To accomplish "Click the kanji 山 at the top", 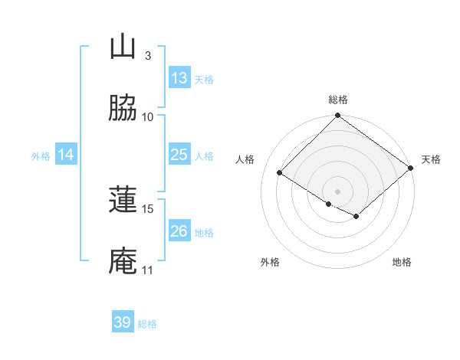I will pyautogui.click(x=123, y=47).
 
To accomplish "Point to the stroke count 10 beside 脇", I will pyautogui.click(x=148, y=117).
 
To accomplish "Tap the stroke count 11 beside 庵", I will pyautogui.click(x=148, y=270).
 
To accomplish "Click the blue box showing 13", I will pyautogui.click(x=179, y=78).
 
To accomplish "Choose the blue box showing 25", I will pyautogui.click(x=179, y=155).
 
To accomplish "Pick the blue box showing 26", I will pyautogui.click(x=179, y=231).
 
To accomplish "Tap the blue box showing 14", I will pyautogui.click(x=66, y=155).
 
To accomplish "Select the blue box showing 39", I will pyautogui.click(x=123, y=322).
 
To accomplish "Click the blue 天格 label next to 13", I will pyautogui.click(x=204, y=79).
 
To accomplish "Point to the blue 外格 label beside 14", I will pyautogui.click(x=41, y=155).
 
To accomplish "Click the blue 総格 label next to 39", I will pyautogui.click(x=147, y=324).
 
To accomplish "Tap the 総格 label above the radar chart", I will pyautogui.click(x=338, y=100).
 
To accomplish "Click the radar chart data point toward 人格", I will pyautogui.click(x=280, y=173).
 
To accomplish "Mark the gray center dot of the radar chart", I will pyautogui.click(x=338, y=191).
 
